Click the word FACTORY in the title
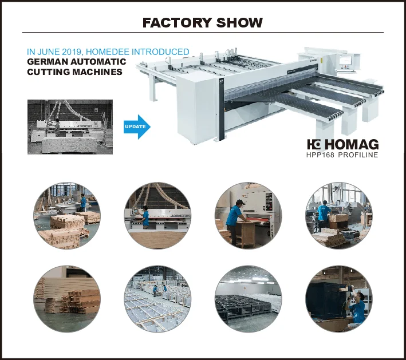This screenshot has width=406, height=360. click(x=177, y=23)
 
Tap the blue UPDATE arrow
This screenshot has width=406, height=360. click(x=137, y=126)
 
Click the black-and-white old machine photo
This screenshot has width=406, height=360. click(x=70, y=126)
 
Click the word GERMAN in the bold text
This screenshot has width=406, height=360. click(x=47, y=62)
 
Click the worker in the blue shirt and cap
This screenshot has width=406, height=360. click(x=234, y=216)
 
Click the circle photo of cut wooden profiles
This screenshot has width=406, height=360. click(x=66, y=298)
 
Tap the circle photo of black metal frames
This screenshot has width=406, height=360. click(x=248, y=298)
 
